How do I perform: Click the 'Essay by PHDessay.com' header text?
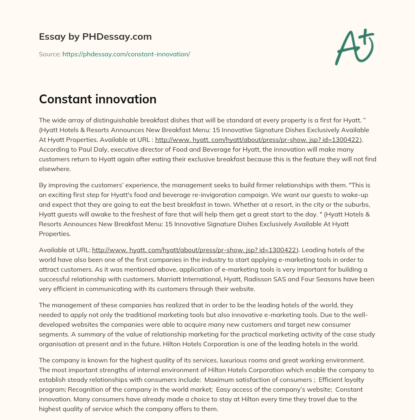click(x=95, y=37)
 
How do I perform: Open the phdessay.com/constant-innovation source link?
click(x=126, y=54)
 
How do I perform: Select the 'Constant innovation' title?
click(x=98, y=99)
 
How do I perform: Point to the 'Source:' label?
click(x=49, y=54)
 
